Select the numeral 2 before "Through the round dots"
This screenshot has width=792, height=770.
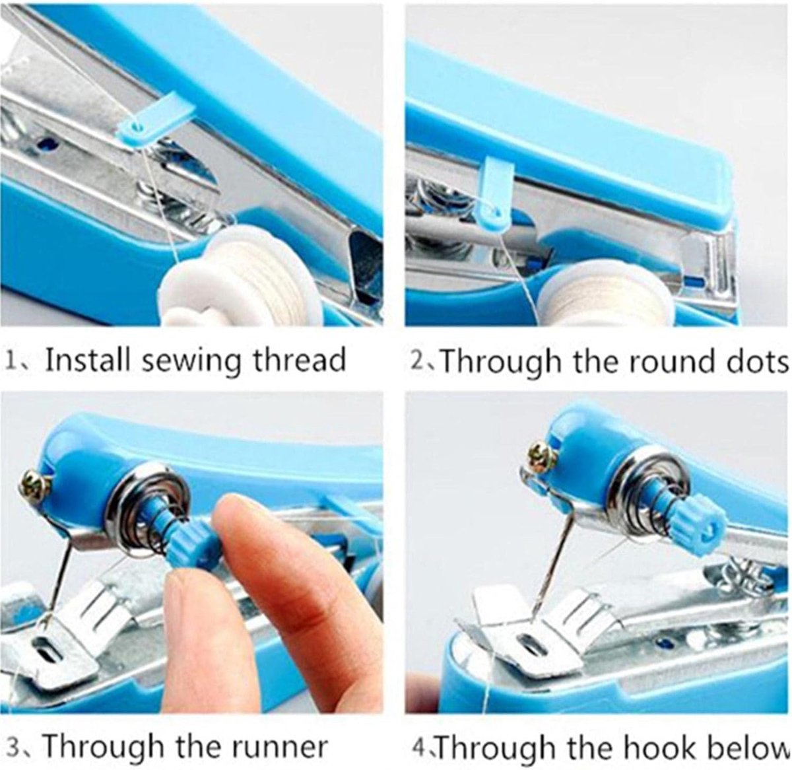point(417,360)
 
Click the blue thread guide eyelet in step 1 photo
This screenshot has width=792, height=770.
point(139,128)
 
